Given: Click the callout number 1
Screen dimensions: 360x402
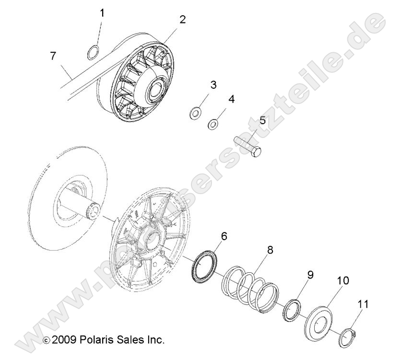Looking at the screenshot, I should click(102, 13).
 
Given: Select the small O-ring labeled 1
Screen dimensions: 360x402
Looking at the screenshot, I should click(94, 51).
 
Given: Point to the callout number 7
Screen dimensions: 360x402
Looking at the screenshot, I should click(53, 56).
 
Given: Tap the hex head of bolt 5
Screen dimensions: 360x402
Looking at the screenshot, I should click(257, 153).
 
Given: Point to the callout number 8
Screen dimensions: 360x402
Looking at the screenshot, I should click(270, 249).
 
